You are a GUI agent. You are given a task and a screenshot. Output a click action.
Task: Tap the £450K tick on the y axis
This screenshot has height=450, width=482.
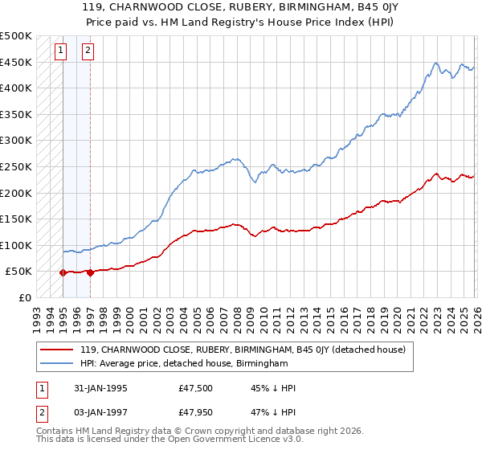pyautogui.click(x=16, y=62)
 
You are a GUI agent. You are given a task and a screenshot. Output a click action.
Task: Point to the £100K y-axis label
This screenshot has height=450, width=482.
pyautogui.click(x=16, y=245)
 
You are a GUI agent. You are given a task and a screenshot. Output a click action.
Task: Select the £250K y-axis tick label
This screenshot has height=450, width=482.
pyautogui.click(x=16, y=166)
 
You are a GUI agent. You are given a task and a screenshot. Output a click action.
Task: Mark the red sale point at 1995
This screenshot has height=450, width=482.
pyautogui.click(x=63, y=272)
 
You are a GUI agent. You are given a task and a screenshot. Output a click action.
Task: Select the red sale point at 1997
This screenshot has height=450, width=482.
pyautogui.click(x=90, y=272)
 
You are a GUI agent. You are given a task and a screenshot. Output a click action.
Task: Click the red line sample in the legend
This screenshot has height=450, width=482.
pyautogui.click(x=58, y=350)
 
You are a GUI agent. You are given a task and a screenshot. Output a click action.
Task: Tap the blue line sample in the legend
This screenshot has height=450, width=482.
pyautogui.click(x=58, y=364)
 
